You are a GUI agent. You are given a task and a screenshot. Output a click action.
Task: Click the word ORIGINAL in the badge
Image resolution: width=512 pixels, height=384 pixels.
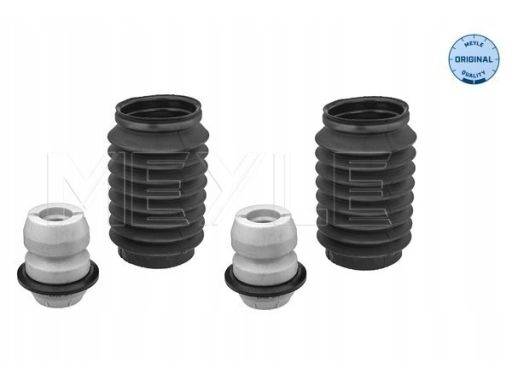point(473,60)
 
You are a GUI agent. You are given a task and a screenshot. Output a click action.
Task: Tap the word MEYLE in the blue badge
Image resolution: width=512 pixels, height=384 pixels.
point(473,45)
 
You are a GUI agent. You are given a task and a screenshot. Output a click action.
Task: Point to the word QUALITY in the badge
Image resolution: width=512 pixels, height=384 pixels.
point(473,74)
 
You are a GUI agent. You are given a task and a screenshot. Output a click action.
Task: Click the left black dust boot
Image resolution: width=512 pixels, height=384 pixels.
point(158,182)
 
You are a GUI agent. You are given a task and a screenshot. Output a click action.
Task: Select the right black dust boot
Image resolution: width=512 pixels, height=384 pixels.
point(366,182)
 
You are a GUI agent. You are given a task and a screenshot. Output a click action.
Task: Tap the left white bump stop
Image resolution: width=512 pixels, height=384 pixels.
point(58,256)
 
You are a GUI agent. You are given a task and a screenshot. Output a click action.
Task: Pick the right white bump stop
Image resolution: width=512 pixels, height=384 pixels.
point(265,256)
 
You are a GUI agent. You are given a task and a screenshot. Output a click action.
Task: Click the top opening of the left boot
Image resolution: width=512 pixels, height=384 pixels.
point(159,113)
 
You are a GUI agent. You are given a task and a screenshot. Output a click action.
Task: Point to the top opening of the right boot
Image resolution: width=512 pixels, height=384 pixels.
point(366,113)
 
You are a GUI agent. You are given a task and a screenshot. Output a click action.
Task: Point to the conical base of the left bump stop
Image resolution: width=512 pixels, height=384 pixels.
point(58,299)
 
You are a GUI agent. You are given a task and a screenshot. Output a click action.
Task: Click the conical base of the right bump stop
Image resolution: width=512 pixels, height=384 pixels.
point(265,300)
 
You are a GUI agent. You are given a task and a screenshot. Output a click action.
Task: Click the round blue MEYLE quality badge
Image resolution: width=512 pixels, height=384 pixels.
point(473,60)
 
